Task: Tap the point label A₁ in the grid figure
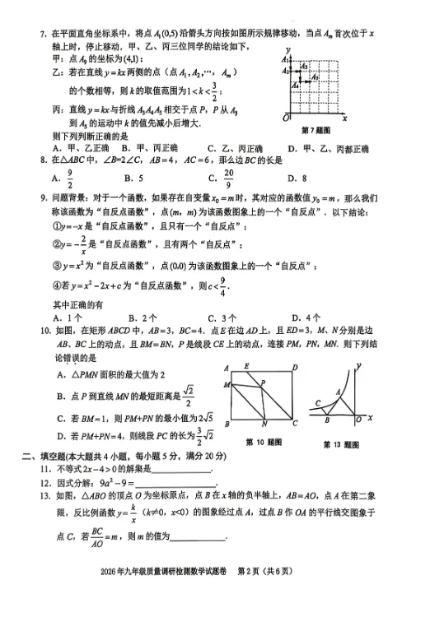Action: coord(284,61)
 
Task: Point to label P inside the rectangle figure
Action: coord(262,383)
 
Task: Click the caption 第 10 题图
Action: coord(264,442)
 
